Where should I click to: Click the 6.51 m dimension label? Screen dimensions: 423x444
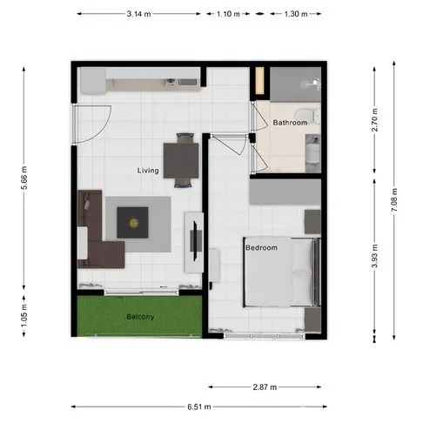pyautogui.click(x=199, y=407)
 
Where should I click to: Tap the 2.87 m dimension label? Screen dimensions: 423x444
pyautogui.click(x=265, y=387)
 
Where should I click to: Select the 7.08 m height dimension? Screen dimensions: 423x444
pyautogui.click(x=394, y=199)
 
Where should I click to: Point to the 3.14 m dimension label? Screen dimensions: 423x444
pyautogui.click(x=138, y=14)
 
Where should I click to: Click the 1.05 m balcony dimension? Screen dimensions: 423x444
pyautogui.click(x=23, y=315)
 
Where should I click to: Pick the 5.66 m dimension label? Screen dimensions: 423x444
pyautogui.click(x=23, y=178)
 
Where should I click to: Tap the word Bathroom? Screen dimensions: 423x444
pyautogui.click(x=290, y=123)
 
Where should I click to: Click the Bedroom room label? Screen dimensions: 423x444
pyautogui.click(x=261, y=247)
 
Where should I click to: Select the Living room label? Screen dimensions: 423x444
pyautogui.click(x=148, y=171)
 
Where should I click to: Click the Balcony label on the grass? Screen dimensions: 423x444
pyautogui.click(x=140, y=317)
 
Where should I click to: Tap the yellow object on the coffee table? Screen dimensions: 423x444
pyautogui.click(x=134, y=223)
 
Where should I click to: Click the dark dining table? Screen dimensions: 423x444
pyautogui.click(x=181, y=160)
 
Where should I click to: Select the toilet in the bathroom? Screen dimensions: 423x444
pyautogui.click(x=307, y=115)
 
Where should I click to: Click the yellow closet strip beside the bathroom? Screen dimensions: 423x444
pyautogui.click(x=259, y=81)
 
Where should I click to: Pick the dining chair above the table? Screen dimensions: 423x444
pyautogui.click(x=185, y=138)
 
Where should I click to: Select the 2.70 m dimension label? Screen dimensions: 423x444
pyautogui.click(x=374, y=119)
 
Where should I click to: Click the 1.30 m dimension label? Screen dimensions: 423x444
pyautogui.click(x=296, y=14)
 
